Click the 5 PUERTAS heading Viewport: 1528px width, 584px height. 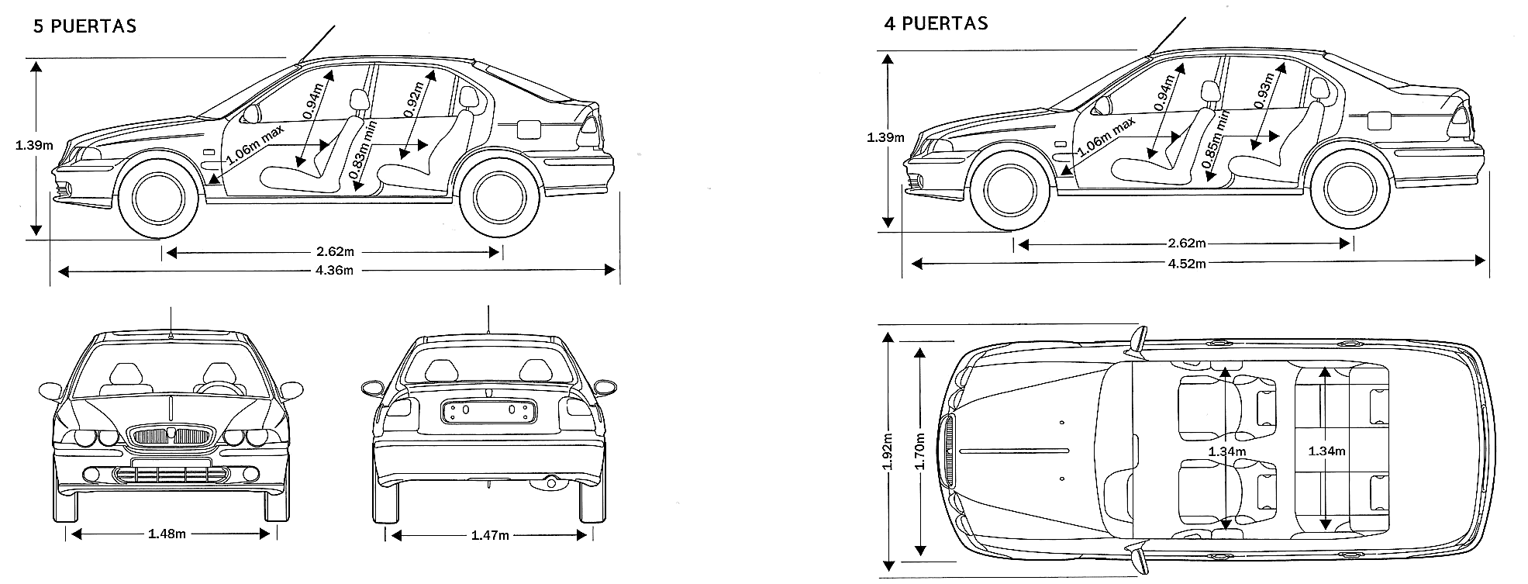coord(85,26)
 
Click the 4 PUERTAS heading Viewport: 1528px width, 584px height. coord(936,23)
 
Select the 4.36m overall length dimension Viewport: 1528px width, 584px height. coord(335,271)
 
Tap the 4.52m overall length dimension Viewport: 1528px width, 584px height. coord(1187,263)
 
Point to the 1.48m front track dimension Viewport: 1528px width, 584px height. coord(167,534)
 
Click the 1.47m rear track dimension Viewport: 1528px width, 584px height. coord(490,535)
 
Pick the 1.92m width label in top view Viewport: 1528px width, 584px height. coord(888,451)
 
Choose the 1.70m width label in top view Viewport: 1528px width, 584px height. coord(920,451)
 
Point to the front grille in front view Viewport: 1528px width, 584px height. coord(171,434)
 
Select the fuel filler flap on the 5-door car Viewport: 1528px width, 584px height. coord(529,129)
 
